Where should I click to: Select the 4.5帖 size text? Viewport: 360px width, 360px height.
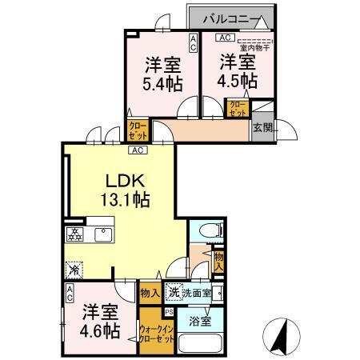point(238,80)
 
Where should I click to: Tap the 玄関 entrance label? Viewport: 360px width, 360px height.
point(262,127)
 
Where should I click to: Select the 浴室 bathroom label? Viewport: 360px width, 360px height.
point(201,322)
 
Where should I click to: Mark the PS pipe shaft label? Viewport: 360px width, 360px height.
point(169,312)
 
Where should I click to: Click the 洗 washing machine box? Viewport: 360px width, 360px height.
point(173,294)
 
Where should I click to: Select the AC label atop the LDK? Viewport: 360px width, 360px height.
point(138,150)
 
